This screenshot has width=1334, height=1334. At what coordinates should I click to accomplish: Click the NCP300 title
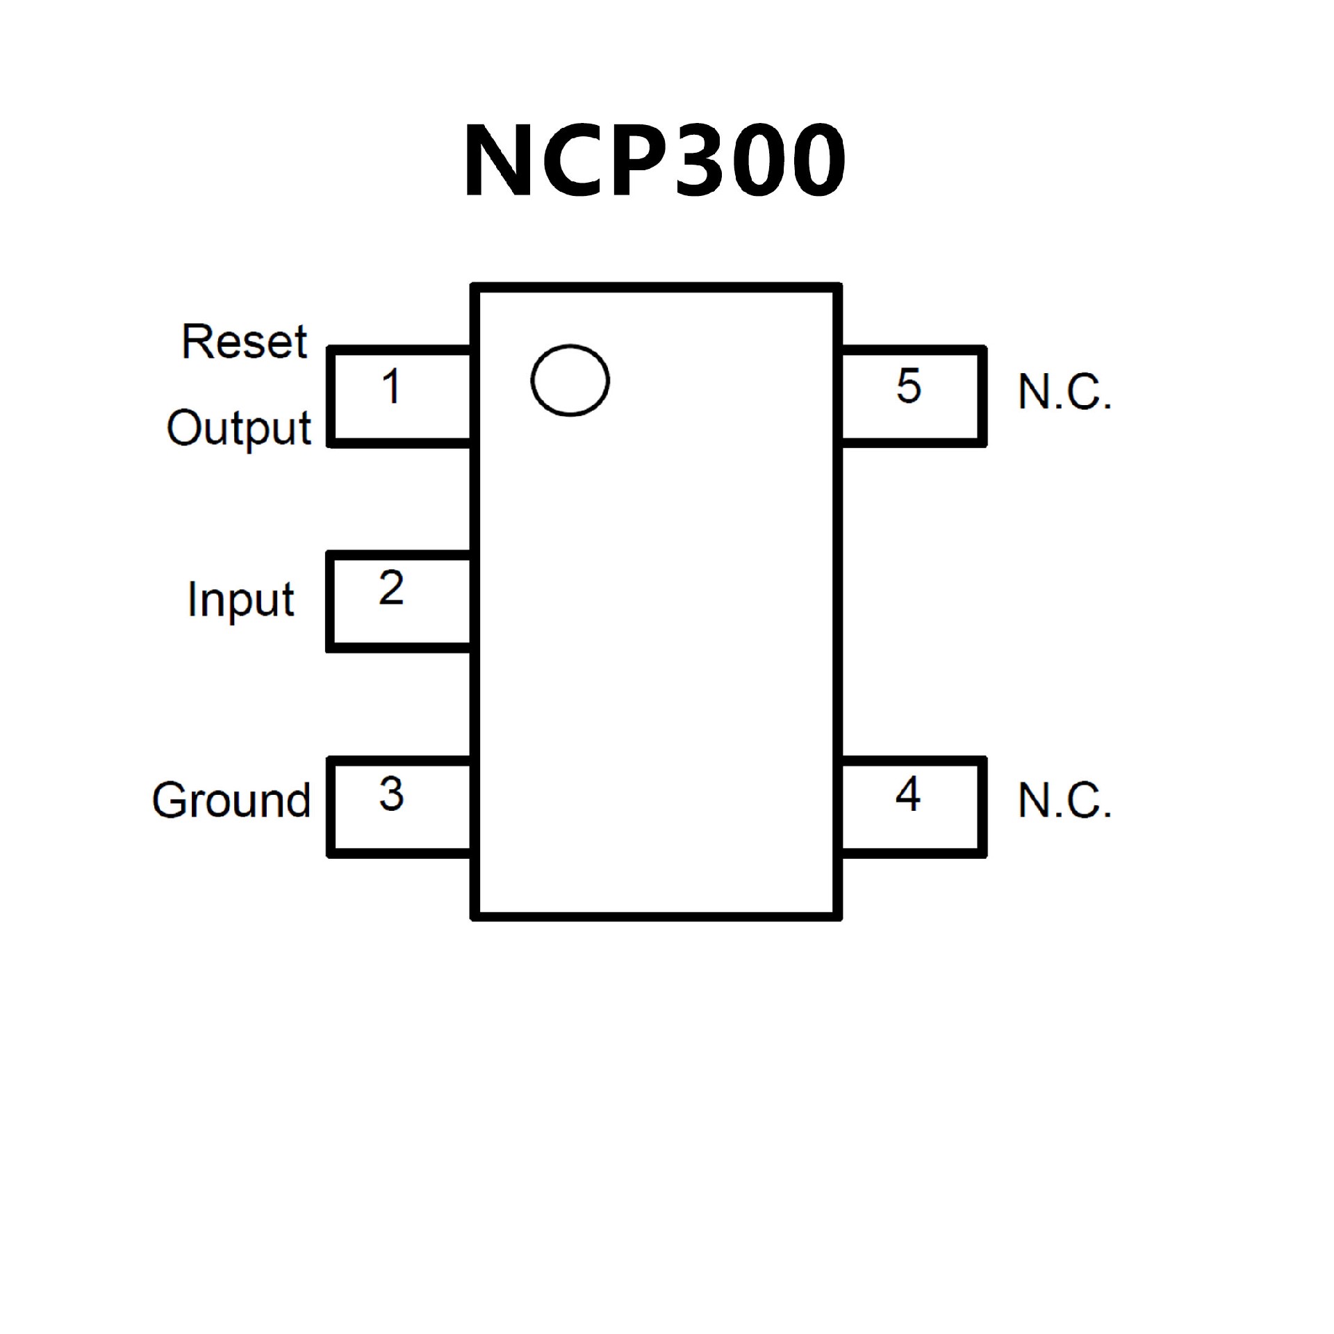654,160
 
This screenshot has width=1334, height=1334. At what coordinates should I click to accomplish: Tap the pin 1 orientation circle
570,381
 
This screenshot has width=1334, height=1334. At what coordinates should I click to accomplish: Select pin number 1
392,386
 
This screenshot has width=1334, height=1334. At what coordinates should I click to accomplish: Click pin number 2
391,588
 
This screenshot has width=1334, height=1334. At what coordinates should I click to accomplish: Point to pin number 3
391,794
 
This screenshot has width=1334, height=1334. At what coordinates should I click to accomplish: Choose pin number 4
908,794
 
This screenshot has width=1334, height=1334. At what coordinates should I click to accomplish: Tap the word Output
238,429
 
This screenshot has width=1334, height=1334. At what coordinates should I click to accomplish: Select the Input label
240,600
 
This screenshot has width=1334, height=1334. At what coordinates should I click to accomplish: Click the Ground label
231,800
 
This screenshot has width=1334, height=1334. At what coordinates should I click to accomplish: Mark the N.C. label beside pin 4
1064,800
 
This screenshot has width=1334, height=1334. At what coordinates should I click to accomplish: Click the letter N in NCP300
498,160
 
